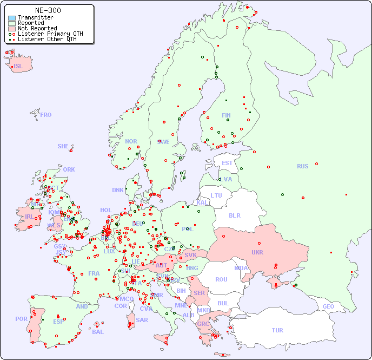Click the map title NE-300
point(48,10)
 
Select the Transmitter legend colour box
point(12,18)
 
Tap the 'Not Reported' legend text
point(37,28)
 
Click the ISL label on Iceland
point(18,67)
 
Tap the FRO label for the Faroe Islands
point(46,115)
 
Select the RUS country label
point(302,166)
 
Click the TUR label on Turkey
point(277,330)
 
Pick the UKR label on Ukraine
point(257,252)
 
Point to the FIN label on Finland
point(226,115)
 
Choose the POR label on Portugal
point(21,319)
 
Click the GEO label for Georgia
point(328,306)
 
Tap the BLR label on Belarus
point(235,215)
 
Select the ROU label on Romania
point(221,279)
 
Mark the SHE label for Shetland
point(63,146)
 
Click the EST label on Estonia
point(227,163)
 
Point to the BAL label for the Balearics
point(98,332)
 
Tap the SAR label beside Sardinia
point(142,320)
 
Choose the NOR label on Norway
point(131,141)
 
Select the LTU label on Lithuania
point(216,195)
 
